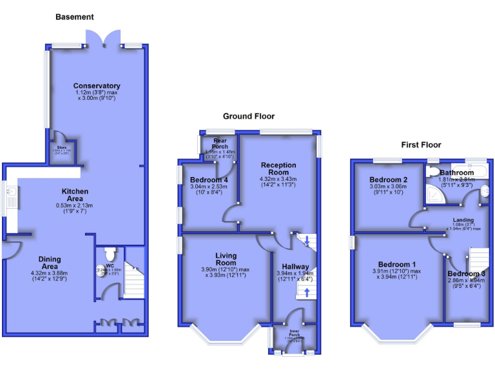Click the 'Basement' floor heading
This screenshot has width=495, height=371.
[x=74, y=17]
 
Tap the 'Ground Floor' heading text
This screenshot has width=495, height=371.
[x=248, y=116]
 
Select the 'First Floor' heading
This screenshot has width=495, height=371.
[x=421, y=144]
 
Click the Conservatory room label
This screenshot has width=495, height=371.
[x=97, y=86]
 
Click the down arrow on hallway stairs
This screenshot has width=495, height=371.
[x=307, y=243]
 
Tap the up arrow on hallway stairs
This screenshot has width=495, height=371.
[x=307, y=292]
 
